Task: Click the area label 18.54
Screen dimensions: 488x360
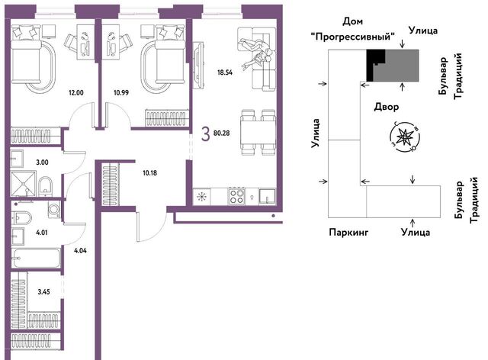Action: click(x=225, y=72)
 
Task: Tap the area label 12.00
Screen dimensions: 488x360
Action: click(x=76, y=92)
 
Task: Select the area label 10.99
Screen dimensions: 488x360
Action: click(x=121, y=92)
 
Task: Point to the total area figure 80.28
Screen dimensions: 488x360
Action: click(x=222, y=133)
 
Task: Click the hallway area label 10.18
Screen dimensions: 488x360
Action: click(x=149, y=173)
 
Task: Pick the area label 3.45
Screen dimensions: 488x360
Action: click(x=43, y=292)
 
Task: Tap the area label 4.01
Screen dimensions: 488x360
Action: click(x=42, y=233)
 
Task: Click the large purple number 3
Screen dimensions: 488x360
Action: click(x=205, y=134)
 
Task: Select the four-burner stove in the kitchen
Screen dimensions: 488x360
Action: click(x=236, y=196)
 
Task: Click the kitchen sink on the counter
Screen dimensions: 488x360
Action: click(x=267, y=197)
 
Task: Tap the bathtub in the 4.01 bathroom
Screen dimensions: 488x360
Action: click(x=36, y=258)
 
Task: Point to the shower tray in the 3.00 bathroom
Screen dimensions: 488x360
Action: click(x=23, y=183)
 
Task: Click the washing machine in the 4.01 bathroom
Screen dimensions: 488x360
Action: click(x=54, y=209)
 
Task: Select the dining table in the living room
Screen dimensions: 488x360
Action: click(x=258, y=133)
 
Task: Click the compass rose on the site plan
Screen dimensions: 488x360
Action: click(x=405, y=137)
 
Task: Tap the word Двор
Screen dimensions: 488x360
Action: click(x=387, y=107)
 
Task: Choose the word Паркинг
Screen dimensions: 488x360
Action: click(x=348, y=232)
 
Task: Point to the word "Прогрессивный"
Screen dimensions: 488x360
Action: click(x=352, y=37)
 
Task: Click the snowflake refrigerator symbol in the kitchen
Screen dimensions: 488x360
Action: click(x=201, y=197)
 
